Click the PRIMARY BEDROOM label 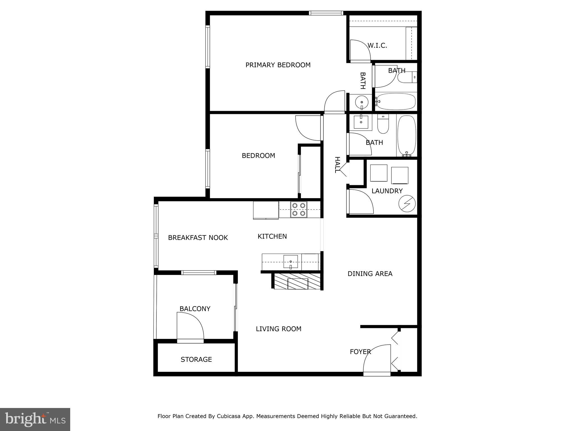click(x=278, y=65)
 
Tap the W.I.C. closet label click(x=377, y=45)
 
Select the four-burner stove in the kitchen click(x=298, y=209)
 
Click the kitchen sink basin click(x=291, y=262)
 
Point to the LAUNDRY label click(x=387, y=191)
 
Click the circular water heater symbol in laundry click(x=407, y=203)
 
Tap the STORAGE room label click(x=196, y=359)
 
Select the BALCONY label click(x=195, y=309)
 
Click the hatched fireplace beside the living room click(x=297, y=281)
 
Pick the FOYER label click(x=360, y=352)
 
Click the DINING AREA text click(x=370, y=274)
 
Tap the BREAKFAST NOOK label click(x=198, y=238)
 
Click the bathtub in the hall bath click(x=407, y=136)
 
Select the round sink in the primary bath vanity click(x=362, y=102)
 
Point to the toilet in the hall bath click(x=382, y=124)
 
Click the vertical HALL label click(x=337, y=165)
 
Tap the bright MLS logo click(x=35, y=419)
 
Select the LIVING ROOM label click(x=279, y=329)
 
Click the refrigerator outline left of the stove click(x=266, y=210)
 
